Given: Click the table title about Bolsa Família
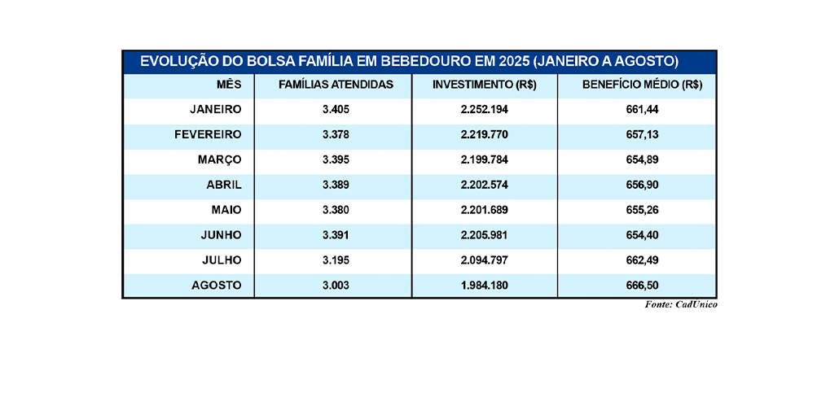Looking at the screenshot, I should click(409, 62).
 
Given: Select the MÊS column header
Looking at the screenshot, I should click(229, 85).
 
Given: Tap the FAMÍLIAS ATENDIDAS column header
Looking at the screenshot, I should click(336, 85).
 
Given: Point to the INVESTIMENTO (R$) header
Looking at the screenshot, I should click(485, 85).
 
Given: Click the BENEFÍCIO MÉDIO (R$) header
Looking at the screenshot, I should click(643, 85).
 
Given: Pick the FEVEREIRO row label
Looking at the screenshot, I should click(208, 134).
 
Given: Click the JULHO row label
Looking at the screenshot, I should click(221, 260).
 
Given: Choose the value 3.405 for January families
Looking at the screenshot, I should click(336, 109).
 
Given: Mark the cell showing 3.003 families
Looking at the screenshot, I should click(336, 285).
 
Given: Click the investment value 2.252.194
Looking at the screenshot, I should click(485, 109).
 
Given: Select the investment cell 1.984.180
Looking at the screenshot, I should click(485, 285).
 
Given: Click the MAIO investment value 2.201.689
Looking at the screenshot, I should click(485, 210).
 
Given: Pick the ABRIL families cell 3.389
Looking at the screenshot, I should click(336, 185).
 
